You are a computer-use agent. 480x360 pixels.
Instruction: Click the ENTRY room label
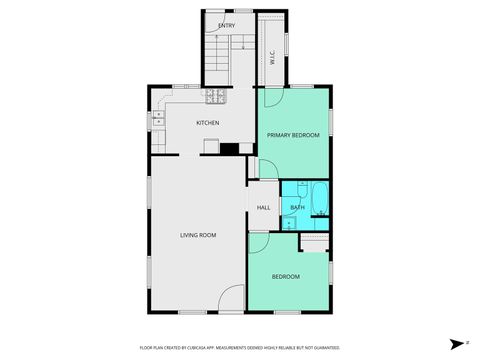tap(227, 24)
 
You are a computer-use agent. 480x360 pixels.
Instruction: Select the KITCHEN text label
tap(207, 123)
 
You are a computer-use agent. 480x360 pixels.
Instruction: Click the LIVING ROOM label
tap(198, 235)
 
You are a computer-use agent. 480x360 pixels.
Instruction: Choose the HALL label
tap(264, 207)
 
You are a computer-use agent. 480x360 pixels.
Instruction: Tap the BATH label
tap(297, 207)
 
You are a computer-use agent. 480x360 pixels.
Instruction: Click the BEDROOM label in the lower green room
tap(287, 276)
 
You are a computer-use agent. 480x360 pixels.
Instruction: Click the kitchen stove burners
tap(214, 96)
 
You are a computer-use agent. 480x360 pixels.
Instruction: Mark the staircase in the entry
tap(221, 61)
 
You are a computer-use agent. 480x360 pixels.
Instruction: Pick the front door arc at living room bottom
tap(232, 297)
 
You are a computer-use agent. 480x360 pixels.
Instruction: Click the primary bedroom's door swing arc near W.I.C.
tap(271, 97)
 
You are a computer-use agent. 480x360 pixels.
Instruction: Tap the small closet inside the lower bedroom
tap(314, 242)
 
